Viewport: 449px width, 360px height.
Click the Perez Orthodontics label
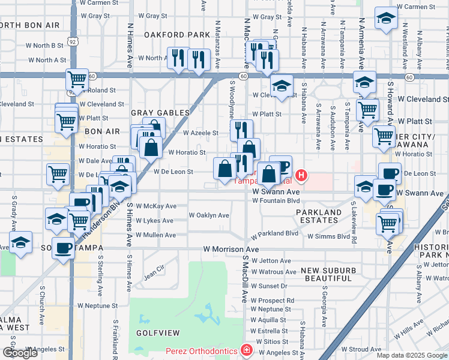203,350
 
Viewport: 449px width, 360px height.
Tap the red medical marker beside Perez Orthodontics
246,350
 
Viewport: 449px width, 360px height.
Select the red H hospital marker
301,176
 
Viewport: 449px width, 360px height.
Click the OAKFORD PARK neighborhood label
177,35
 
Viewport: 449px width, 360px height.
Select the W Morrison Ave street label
231,248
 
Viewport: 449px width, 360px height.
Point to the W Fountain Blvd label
276,200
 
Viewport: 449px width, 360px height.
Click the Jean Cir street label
154,273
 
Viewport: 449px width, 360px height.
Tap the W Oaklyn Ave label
209,215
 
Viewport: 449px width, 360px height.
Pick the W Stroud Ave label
361,349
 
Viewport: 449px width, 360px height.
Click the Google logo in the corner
20,353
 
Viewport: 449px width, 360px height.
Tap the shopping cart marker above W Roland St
77,79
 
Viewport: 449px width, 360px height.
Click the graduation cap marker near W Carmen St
386,19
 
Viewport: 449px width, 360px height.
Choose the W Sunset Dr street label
270,286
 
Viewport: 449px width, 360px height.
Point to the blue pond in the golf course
208,313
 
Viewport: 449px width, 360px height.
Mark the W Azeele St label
200,133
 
